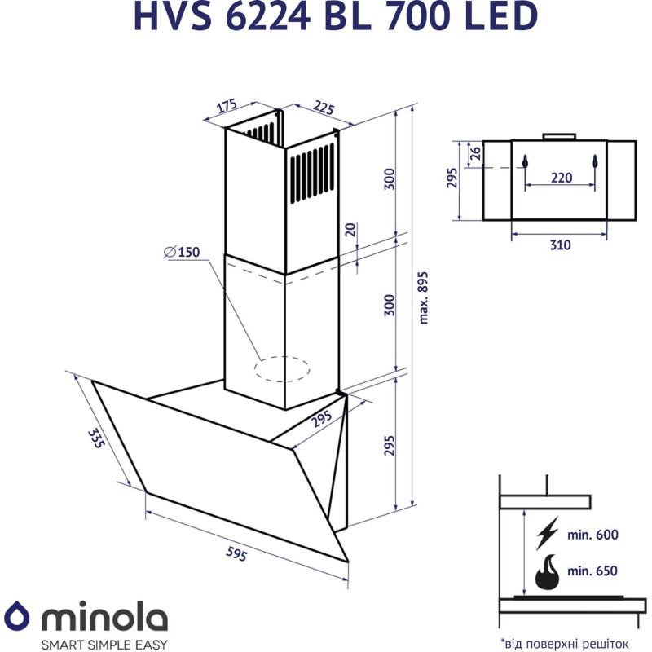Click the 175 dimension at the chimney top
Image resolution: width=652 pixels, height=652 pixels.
click(226, 107)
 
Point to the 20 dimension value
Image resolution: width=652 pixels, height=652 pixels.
click(350, 230)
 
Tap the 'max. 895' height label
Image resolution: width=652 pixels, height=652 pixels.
click(422, 297)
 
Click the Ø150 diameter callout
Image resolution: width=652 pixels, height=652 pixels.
click(181, 252)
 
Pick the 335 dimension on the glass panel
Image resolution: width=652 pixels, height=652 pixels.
click(97, 439)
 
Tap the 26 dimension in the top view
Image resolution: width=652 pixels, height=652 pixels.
click(475, 152)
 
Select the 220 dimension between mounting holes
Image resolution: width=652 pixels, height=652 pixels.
click(560, 178)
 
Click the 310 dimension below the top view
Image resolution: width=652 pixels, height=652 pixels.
click(559, 245)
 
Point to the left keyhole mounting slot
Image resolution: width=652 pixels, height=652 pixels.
click(525, 162)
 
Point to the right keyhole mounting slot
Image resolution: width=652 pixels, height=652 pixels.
click(596, 162)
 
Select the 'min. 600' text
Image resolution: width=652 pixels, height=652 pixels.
click(594, 535)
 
